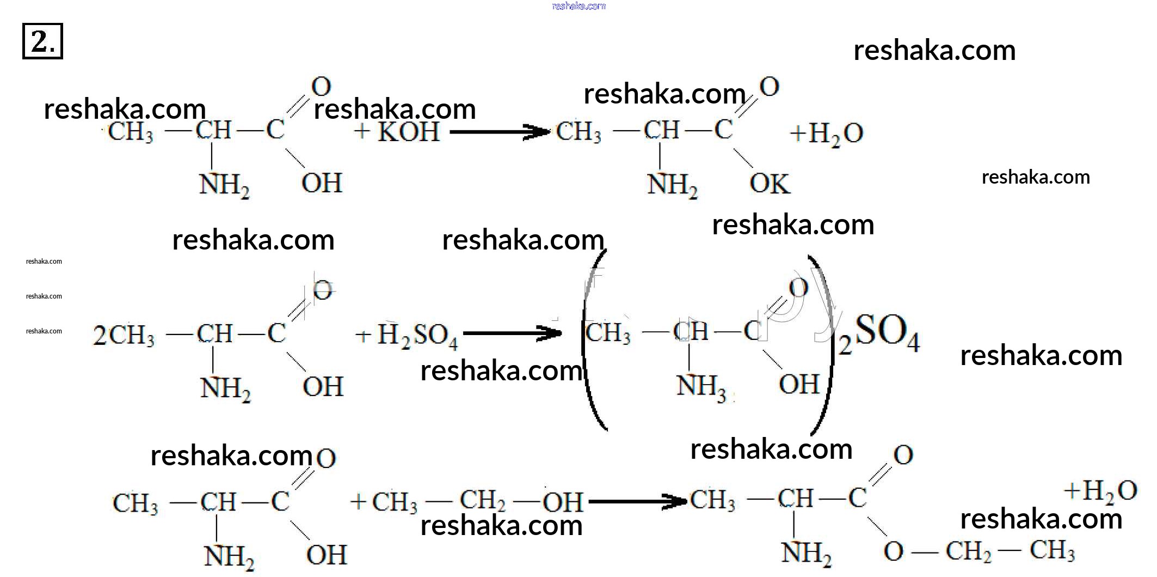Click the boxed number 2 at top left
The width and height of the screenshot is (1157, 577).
tap(42, 41)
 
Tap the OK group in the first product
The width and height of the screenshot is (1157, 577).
tap(769, 184)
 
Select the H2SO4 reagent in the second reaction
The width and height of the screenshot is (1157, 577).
tap(417, 335)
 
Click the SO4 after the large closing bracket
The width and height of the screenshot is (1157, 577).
tap(887, 332)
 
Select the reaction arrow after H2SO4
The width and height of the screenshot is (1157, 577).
tap(512, 333)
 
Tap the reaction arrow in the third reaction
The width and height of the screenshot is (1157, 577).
tap(637, 501)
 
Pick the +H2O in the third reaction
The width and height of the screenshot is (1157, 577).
tap(1100, 490)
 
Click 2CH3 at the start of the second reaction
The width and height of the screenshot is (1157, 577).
tap(124, 335)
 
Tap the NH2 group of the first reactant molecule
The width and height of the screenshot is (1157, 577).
tap(224, 185)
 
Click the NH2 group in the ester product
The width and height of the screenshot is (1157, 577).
tap(806, 554)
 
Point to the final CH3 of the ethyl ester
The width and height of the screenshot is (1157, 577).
tap(1052, 551)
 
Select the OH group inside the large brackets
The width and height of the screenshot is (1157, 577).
tap(798, 384)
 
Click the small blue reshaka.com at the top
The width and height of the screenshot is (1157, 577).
tap(578, 6)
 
